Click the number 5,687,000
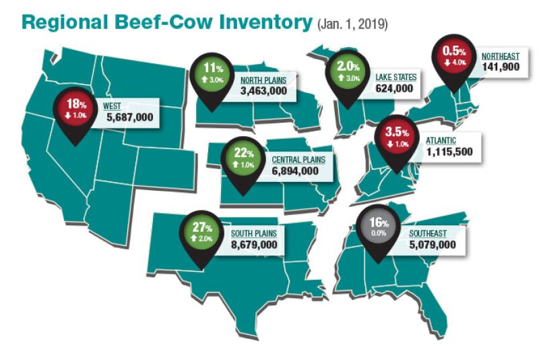[x=130, y=117]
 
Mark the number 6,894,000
[x=295, y=171]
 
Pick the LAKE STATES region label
[x=395, y=78]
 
